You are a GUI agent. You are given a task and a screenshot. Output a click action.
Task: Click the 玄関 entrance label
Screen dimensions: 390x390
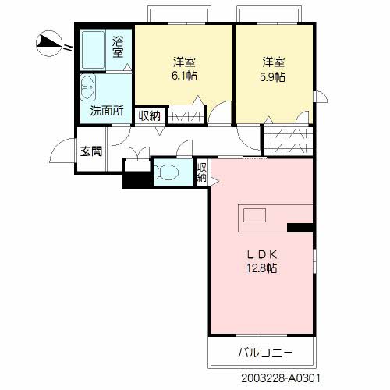tap(91, 151)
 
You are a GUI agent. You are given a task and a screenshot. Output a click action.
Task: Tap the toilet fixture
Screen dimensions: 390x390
tap(166, 172)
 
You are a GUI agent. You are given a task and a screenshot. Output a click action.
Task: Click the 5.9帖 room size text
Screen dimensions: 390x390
tap(272, 76)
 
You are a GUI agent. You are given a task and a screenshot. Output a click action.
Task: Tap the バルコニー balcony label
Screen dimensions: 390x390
tap(261, 353)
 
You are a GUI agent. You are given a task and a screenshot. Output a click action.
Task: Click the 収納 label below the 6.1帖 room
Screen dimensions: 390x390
tap(149, 115)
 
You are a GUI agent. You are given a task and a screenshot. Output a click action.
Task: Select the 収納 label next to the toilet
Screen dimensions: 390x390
tap(202, 172)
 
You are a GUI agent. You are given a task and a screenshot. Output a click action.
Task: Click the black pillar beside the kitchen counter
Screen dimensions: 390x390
tap(300, 228)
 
